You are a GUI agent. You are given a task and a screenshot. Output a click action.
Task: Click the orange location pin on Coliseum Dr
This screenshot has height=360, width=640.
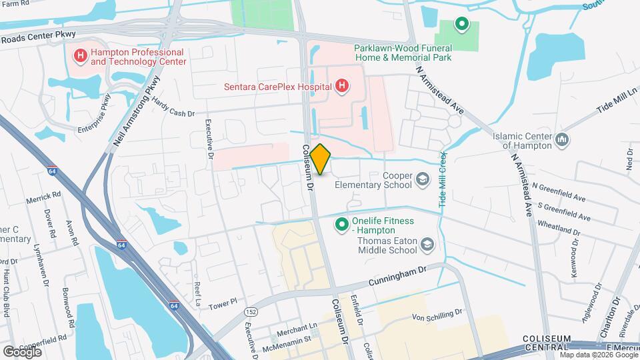click(x=321, y=159)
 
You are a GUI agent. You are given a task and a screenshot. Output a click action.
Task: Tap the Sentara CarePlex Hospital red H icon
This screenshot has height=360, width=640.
click(x=341, y=85)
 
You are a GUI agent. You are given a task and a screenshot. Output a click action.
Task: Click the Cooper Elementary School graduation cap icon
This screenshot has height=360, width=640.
click(x=422, y=179)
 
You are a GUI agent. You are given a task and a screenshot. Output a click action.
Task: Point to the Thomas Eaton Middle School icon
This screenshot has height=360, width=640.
click(x=427, y=247)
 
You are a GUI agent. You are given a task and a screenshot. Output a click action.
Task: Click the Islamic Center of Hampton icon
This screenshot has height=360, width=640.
click(x=561, y=140)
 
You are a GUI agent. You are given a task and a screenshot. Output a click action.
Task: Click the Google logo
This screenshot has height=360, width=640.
click(x=22, y=351)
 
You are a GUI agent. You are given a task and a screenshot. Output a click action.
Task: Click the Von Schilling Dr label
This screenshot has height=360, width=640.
click(x=437, y=315)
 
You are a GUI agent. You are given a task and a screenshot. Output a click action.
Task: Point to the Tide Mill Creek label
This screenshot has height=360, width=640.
click(x=441, y=182)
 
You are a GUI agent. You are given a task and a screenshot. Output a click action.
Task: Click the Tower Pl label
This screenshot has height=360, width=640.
click(x=222, y=303)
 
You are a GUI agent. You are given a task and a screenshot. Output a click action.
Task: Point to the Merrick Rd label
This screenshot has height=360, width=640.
click(x=43, y=199)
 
